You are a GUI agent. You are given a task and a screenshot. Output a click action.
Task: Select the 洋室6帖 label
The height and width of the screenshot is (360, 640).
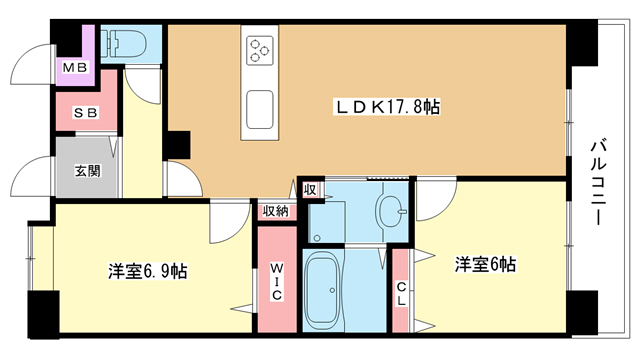(486, 264)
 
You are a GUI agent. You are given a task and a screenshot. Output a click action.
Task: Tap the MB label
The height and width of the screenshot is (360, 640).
(75, 67)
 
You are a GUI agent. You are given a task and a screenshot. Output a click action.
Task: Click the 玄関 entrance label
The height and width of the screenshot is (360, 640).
(87, 171)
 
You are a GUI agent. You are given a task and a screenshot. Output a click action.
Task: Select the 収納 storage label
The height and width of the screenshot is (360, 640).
(276, 211)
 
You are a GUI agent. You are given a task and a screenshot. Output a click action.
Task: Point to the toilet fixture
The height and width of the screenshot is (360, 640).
(129, 43)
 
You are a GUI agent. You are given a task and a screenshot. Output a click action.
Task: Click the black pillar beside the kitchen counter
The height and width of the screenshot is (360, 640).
(178, 144)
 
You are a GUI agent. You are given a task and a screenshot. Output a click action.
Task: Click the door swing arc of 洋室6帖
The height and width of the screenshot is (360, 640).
(433, 203)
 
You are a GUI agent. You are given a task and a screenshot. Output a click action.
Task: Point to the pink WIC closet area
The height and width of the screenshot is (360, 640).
(277, 300)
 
